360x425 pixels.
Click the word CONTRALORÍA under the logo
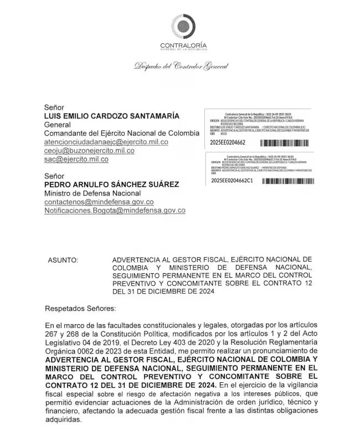point(183,45)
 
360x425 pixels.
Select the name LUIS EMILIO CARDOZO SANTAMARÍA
point(104,116)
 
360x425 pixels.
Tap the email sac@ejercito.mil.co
point(76,159)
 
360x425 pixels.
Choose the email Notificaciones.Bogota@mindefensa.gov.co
point(115,211)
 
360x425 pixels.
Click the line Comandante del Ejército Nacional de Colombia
point(121,134)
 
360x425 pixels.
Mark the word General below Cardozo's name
point(57,125)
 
